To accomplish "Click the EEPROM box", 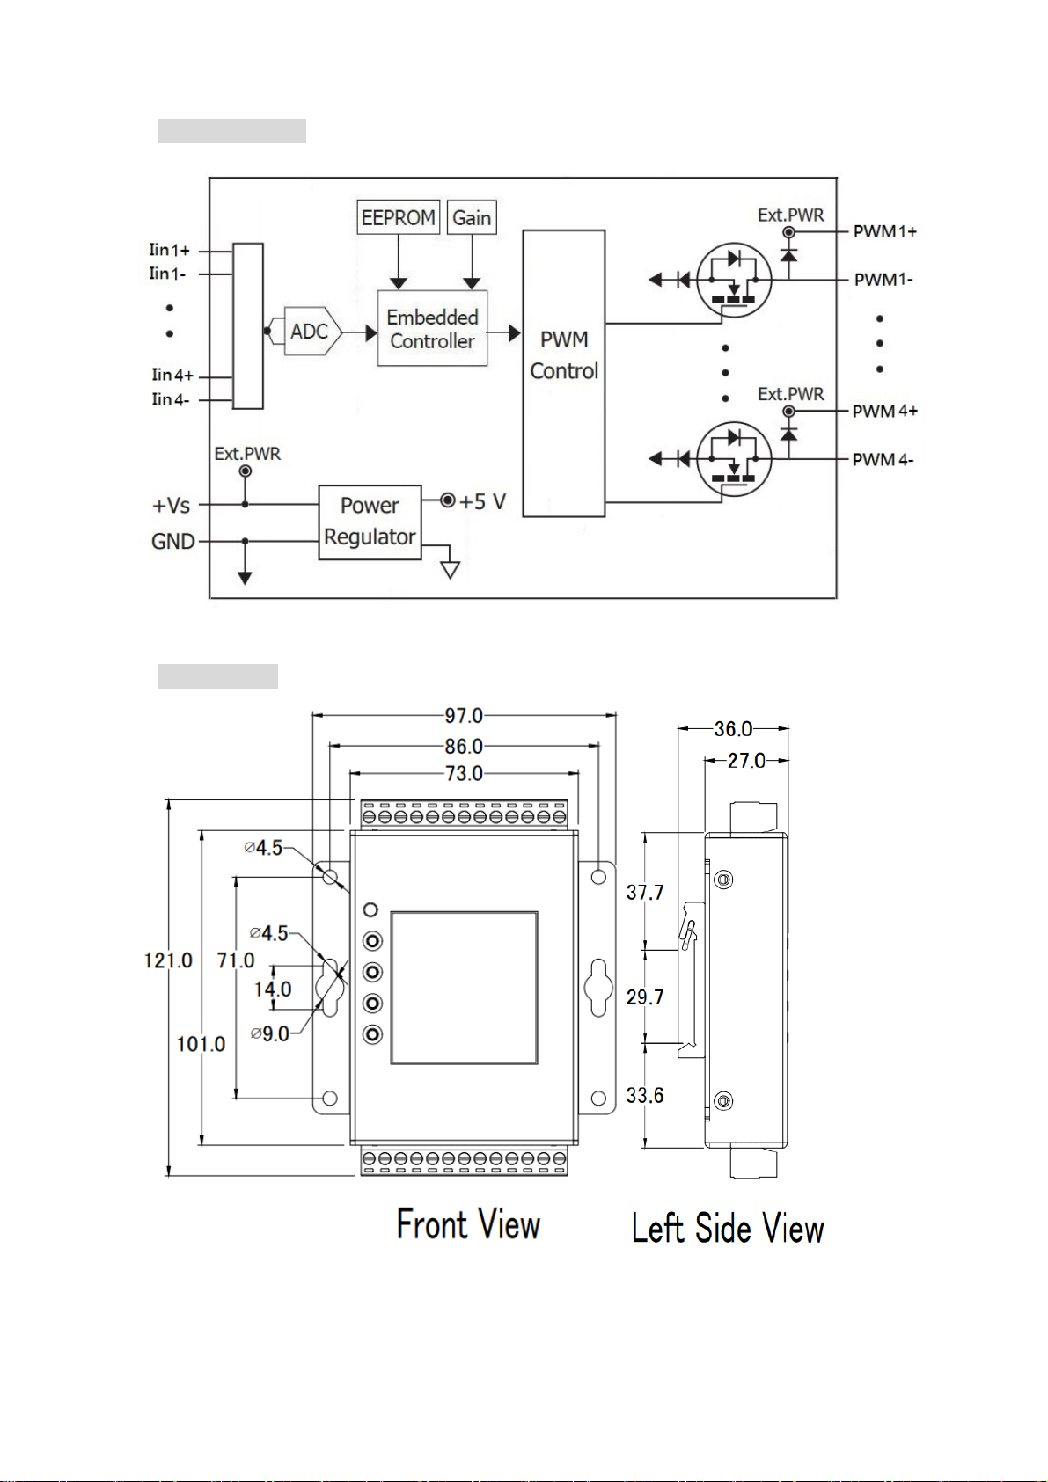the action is pos(398,217).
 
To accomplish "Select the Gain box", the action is pos(472,217).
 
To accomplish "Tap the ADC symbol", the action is pos(310,331).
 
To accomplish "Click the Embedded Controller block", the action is pos(432,328).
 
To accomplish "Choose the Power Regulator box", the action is pos(370,522).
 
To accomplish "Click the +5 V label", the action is pos(482,501).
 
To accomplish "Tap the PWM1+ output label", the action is pos(884,231).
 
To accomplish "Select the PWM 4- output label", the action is pos(883,459).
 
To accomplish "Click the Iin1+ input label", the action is pos(170,250).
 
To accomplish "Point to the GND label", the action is pos(172,541).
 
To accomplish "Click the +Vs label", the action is pos(171,506).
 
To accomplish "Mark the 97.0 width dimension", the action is pos(464,716).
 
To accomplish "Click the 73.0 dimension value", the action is pos(464,773).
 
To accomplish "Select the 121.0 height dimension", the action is pos(168,960).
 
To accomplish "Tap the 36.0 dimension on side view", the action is pos(733,729).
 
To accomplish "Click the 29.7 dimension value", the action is pos(644,997).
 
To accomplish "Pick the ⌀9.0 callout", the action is pos(269,1033).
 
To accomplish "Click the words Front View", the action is pos(468,1223).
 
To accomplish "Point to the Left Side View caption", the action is pos(728,1228).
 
